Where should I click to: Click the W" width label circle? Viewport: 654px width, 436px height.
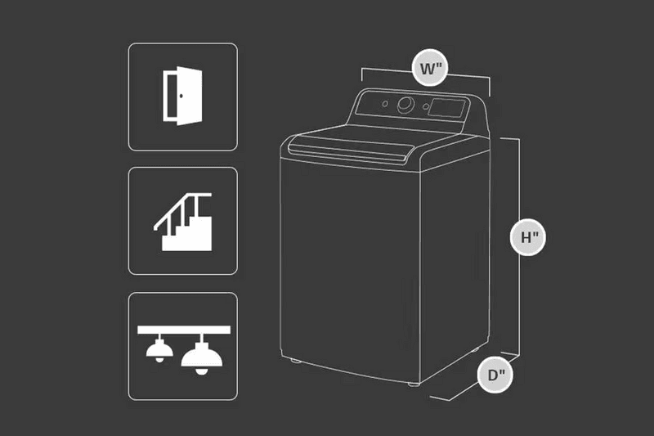(x=430, y=68)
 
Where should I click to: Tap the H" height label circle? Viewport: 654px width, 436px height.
(x=528, y=237)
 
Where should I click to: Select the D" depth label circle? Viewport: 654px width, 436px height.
(x=495, y=375)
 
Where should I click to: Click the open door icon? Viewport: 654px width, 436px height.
(x=182, y=96)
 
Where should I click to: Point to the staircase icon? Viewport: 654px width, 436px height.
(x=183, y=222)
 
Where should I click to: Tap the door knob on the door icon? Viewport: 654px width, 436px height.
(x=181, y=96)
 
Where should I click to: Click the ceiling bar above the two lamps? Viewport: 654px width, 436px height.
(x=184, y=330)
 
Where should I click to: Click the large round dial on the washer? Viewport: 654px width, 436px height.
(x=405, y=106)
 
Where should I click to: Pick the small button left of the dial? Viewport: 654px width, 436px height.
(x=385, y=103)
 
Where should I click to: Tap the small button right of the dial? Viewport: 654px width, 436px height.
(x=425, y=107)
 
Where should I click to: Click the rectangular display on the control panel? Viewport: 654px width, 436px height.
(x=446, y=108)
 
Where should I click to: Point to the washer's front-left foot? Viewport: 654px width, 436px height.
(x=296, y=360)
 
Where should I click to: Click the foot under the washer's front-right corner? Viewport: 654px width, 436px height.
(x=414, y=384)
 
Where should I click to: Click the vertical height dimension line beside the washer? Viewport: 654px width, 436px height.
(x=519, y=247)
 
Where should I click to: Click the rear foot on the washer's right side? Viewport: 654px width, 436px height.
(x=476, y=348)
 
